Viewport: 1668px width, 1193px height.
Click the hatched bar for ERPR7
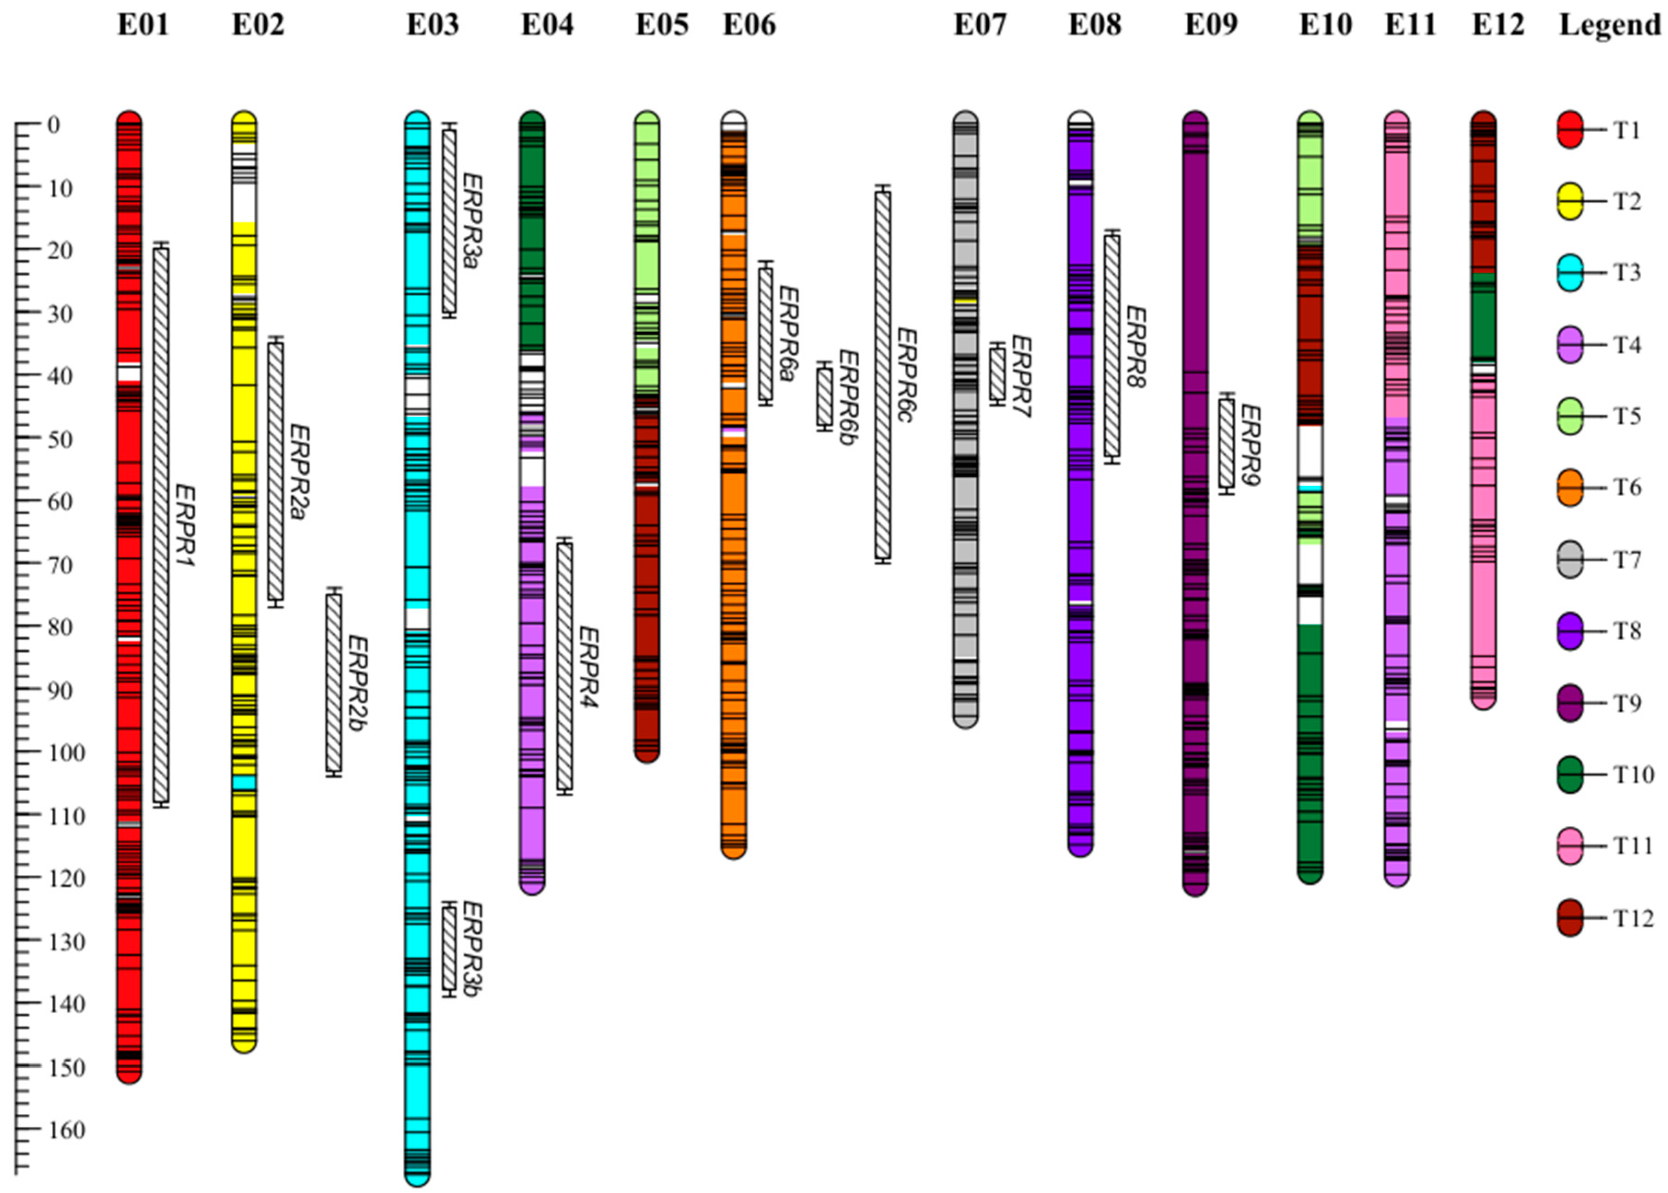(x=997, y=374)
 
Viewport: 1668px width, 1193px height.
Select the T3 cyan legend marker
(x=1569, y=273)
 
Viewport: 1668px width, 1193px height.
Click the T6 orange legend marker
(x=1569, y=488)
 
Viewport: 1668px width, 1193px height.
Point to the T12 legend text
(x=1633, y=918)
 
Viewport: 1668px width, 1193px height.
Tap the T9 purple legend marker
(x=1569, y=703)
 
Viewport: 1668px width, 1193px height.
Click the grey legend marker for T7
(x=1569, y=560)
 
